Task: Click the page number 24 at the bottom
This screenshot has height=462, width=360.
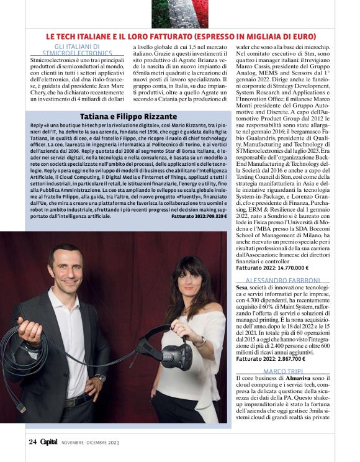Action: coord(32,442)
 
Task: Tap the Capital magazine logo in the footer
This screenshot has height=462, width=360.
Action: coord(49,442)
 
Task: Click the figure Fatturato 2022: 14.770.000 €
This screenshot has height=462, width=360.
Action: coord(272,268)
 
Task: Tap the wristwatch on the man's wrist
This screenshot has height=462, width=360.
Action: coord(101,378)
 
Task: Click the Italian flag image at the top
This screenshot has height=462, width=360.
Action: coord(180,12)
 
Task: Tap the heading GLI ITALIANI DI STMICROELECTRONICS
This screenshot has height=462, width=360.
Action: coord(78,50)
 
